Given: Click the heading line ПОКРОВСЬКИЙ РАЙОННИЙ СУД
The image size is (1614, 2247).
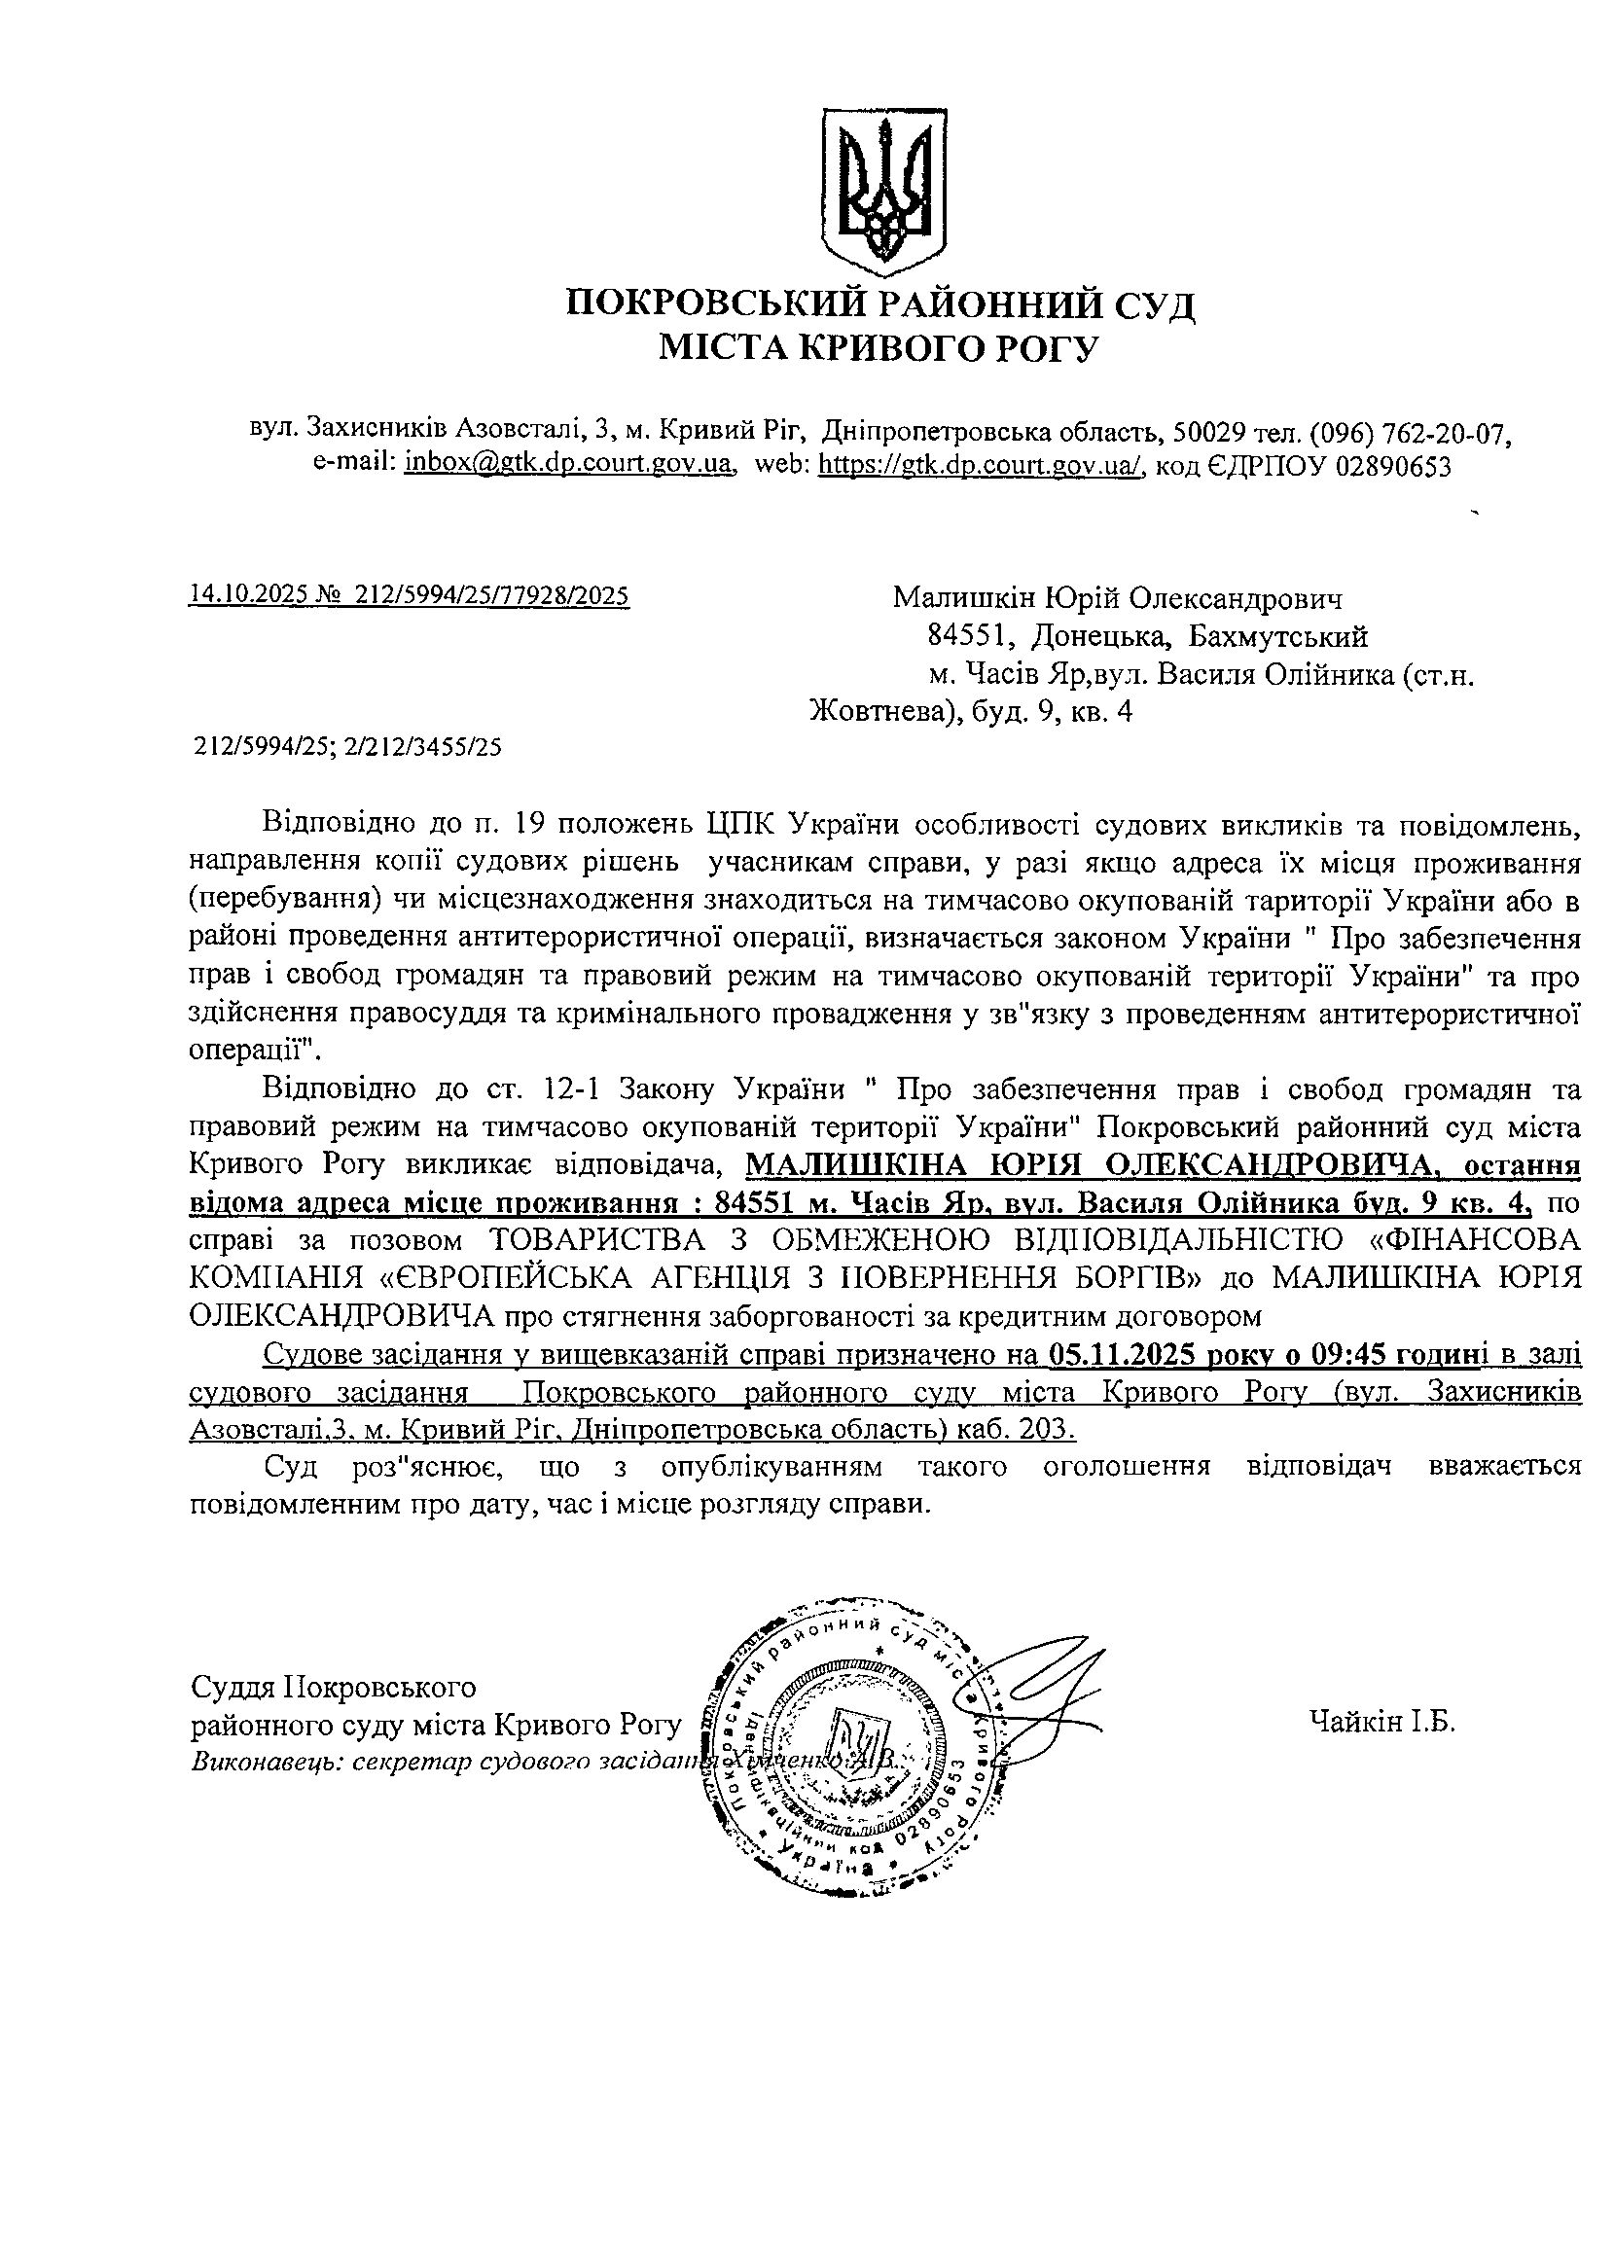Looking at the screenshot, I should (879, 303).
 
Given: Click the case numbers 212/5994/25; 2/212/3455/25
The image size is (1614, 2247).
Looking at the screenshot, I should (346, 746).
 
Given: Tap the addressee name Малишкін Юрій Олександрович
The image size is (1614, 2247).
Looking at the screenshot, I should (1118, 598).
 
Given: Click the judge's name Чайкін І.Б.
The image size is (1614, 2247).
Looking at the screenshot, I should (1381, 1722).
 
